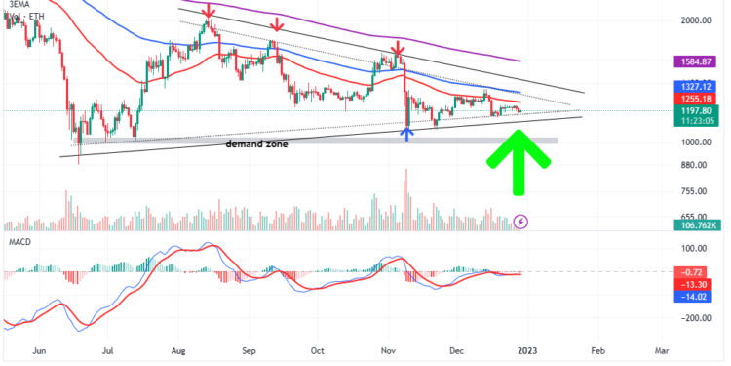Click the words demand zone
pos(258,143)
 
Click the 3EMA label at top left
pos(15,5)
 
